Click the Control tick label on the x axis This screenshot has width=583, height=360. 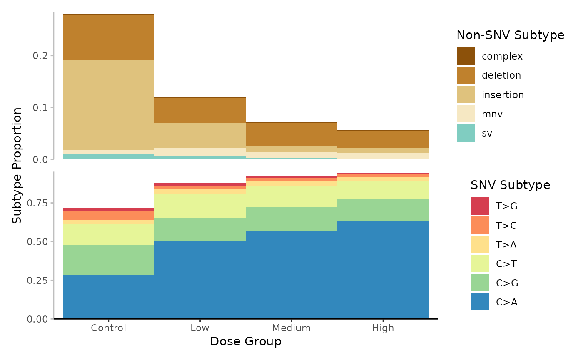(108, 328)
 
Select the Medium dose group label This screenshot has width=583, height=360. (291, 328)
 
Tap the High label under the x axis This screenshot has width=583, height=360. (383, 328)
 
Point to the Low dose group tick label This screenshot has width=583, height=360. (200, 328)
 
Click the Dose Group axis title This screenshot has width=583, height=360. (245, 342)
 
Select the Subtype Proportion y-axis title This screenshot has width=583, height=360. (17, 165)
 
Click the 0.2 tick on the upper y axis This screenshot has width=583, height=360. (41, 56)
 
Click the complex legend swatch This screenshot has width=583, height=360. (466, 56)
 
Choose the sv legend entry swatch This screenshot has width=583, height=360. (466, 133)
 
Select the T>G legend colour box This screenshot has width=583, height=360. (480, 206)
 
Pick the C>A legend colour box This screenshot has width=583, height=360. (480, 302)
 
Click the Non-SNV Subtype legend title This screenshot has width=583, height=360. (510, 35)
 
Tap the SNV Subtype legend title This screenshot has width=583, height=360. (510, 185)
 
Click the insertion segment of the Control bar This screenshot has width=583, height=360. (108, 104)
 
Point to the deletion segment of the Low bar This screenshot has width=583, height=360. (200, 110)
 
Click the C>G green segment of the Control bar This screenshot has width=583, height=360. (108, 259)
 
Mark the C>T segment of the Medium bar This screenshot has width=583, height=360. (291, 196)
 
